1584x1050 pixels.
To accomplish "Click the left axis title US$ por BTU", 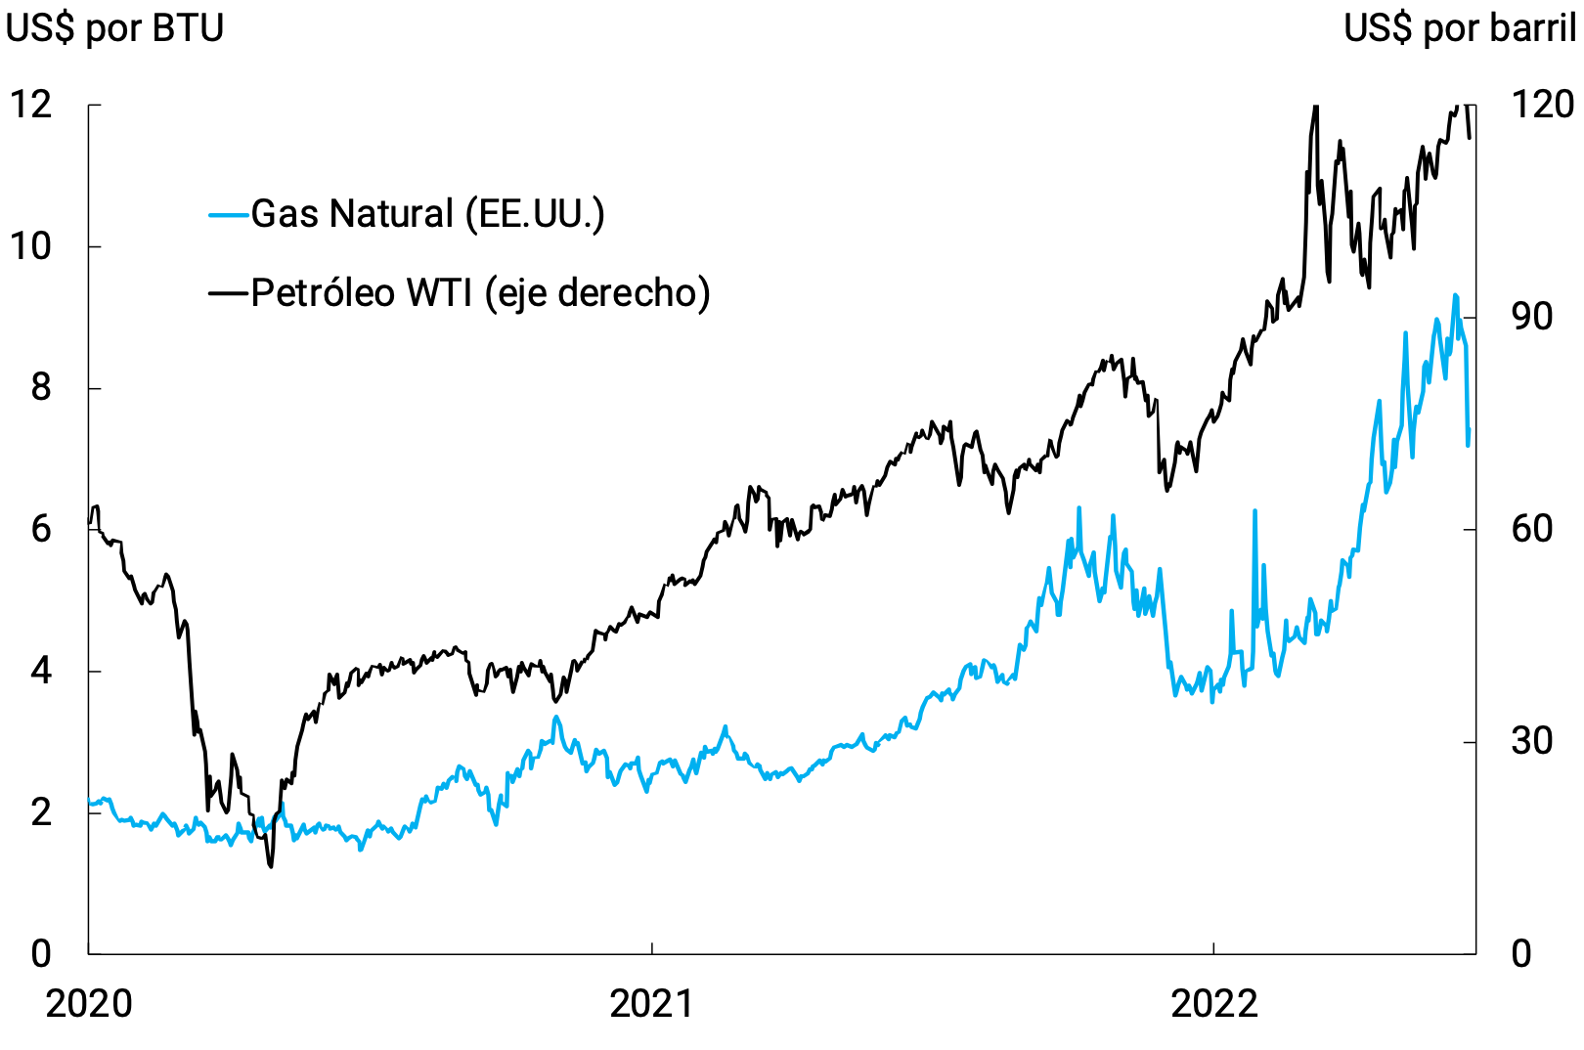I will (115, 28).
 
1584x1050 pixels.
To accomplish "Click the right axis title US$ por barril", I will (1459, 28).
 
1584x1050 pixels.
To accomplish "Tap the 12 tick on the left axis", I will (31, 105).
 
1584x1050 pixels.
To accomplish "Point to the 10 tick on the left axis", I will (31, 246).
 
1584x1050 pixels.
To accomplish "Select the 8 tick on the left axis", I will (40, 388).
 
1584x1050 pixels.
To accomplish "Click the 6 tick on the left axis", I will (40, 530).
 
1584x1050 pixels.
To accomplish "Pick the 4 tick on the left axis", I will (40, 672).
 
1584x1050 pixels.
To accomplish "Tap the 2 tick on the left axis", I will (40, 812).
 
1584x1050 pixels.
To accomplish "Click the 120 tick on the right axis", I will (1543, 105).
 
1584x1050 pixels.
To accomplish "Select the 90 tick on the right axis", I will (1531, 317).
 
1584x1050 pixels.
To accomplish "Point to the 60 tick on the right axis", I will (1531, 530).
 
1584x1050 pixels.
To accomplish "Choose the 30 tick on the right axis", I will (1531, 741).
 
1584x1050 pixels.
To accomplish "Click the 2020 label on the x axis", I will (89, 1004).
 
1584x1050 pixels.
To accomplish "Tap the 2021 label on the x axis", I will (651, 1004).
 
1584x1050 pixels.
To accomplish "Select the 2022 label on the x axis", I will (1213, 1004).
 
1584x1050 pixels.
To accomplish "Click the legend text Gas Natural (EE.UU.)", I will (427, 214).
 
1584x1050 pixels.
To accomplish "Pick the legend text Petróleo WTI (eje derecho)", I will (480, 292).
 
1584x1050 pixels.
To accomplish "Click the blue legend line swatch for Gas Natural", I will (229, 214).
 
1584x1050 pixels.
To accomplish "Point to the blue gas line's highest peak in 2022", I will (1455, 295).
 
